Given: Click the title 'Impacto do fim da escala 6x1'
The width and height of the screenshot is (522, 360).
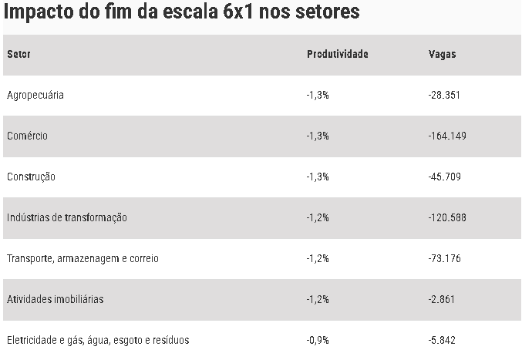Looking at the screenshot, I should click(x=181, y=14).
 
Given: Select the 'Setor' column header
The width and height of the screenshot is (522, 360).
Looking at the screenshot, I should click(x=19, y=54).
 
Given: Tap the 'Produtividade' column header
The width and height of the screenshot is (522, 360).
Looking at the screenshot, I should click(x=338, y=54).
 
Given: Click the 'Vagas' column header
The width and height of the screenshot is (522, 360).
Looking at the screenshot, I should click(x=442, y=54).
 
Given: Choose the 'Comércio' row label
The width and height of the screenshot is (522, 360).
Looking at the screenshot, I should click(x=27, y=136).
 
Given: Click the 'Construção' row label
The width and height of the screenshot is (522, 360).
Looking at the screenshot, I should click(x=31, y=177).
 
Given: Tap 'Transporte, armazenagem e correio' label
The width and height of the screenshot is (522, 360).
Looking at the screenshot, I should click(x=83, y=258).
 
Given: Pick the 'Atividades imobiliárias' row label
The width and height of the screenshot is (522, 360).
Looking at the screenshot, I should click(x=55, y=299).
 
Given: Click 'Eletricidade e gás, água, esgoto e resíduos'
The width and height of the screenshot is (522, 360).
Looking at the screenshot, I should click(x=98, y=340).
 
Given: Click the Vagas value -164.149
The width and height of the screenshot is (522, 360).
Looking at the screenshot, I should click(x=446, y=136).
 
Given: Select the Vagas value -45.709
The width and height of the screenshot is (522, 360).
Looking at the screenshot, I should click(x=444, y=177).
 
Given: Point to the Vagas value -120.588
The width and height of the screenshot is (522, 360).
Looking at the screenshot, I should click(x=446, y=217).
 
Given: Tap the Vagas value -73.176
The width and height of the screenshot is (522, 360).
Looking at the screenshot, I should click(x=444, y=258).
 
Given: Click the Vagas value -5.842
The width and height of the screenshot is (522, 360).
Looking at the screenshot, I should click(x=442, y=340).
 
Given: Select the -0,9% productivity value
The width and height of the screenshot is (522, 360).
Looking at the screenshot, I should click(x=318, y=340).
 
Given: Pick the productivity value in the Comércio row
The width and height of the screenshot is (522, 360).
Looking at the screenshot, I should click(x=318, y=136).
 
